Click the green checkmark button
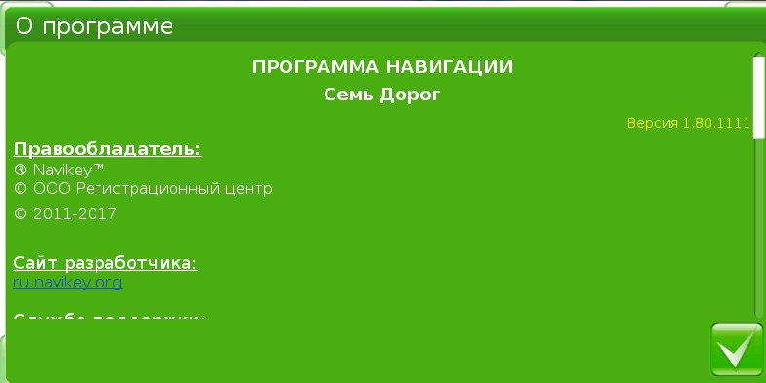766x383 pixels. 736,348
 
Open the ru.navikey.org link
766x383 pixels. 67,283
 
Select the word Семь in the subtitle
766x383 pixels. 344,96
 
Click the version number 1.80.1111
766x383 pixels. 716,124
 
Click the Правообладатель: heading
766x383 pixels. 107,149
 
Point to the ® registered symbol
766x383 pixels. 20,170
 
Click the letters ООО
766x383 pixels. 51,188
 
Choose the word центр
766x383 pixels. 249,188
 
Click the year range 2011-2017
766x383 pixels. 75,213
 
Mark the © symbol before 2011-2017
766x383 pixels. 20,213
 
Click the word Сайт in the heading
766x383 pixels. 37,263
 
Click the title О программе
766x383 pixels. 94,26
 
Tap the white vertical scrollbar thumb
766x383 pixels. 757,97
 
